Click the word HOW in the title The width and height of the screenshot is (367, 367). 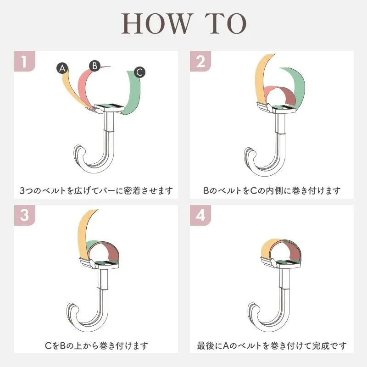156,23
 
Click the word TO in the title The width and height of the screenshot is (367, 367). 226,23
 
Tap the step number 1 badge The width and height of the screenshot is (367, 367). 25,61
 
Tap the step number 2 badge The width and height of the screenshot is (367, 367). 200,61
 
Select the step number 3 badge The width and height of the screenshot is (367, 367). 25,215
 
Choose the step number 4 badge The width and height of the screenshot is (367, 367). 200,215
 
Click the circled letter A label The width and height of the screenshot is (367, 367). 62,68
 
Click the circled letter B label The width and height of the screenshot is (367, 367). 95,66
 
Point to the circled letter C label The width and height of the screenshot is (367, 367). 139,72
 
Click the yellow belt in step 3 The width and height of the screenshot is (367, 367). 83,234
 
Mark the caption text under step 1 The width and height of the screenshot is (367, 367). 96,190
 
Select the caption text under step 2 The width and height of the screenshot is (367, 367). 272,190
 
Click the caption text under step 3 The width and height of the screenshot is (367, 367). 96,345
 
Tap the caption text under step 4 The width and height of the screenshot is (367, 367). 272,345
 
